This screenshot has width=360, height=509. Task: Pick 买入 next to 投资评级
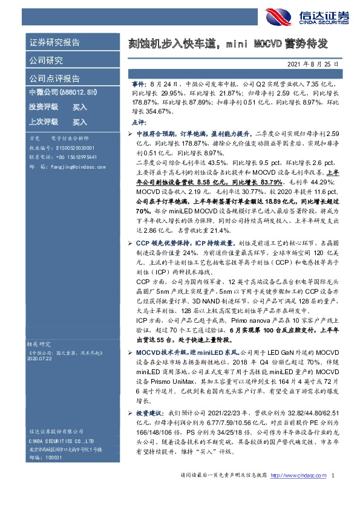tap(80, 107)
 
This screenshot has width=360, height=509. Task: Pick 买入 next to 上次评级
tap(80, 122)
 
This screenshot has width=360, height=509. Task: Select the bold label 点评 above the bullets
tap(137, 122)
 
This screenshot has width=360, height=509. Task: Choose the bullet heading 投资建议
tap(148, 410)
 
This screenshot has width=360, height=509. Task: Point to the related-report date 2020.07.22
tap(42, 358)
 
